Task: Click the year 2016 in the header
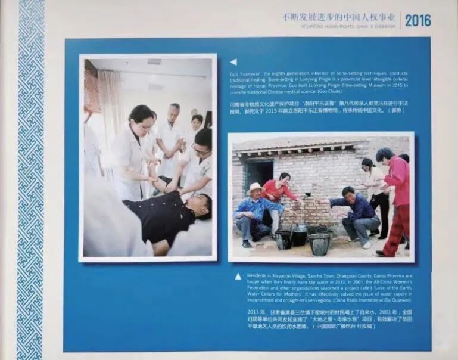point(418,20)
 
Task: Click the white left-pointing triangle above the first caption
point(233,61)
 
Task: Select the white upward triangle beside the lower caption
point(238,276)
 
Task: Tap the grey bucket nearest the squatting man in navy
point(319,243)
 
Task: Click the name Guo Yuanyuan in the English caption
point(244,74)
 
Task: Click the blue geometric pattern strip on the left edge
point(30,179)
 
